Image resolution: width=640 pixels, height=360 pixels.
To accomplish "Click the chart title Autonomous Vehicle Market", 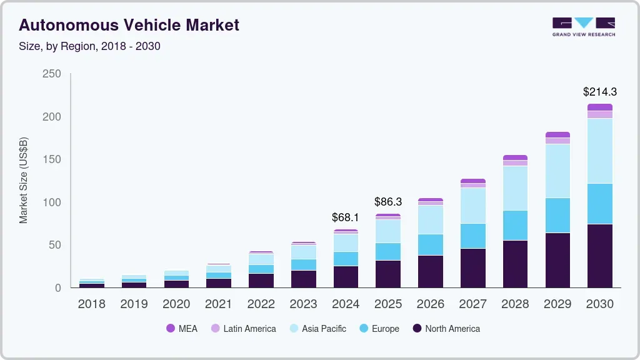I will click(129, 26).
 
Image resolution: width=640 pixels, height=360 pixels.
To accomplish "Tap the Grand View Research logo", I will click(583, 27).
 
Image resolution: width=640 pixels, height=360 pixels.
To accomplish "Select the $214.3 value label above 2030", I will click(599, 92).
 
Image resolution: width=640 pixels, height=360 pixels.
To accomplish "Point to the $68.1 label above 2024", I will click(346, 218).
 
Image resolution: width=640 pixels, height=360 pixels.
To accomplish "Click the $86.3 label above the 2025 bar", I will click(387, 202).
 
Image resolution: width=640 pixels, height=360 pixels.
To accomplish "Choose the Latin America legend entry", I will click(243, 328).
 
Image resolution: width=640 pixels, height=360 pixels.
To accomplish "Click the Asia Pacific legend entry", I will click(317, 328).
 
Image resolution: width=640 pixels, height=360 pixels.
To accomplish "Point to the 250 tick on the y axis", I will click(52, 74).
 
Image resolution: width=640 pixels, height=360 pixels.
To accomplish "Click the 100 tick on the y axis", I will click(52, 202).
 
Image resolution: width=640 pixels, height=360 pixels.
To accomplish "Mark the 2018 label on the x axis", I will click(91, 304).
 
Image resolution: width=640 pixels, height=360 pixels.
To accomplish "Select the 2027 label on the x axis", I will click(472, 304).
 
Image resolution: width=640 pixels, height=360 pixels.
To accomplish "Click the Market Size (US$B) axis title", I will click(24, 181).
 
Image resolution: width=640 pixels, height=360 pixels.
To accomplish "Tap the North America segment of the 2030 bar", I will click(599, 256).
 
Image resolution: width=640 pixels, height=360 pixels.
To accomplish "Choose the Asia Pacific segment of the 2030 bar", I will click(599, 151).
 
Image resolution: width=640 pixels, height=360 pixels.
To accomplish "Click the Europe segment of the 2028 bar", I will click(515, 225).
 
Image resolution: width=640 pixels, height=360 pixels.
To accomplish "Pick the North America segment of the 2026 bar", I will click(430, 271).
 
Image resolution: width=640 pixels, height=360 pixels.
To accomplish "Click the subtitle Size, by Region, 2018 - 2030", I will click(89, 46).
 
